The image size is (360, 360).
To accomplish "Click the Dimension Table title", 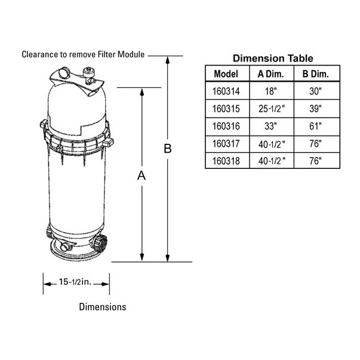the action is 273,59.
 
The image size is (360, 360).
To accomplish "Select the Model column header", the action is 226,74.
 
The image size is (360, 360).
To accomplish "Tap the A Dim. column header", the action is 270,74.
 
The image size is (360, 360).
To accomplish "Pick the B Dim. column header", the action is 315,74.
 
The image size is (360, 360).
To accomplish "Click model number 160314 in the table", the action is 226,91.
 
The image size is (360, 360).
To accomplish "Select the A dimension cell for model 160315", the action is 272,109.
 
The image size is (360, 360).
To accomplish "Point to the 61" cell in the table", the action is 315,127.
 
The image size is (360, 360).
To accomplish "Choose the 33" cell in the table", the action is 270,127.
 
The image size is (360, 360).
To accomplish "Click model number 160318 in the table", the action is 226,161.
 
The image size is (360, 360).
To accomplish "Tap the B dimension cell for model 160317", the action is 315,144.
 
